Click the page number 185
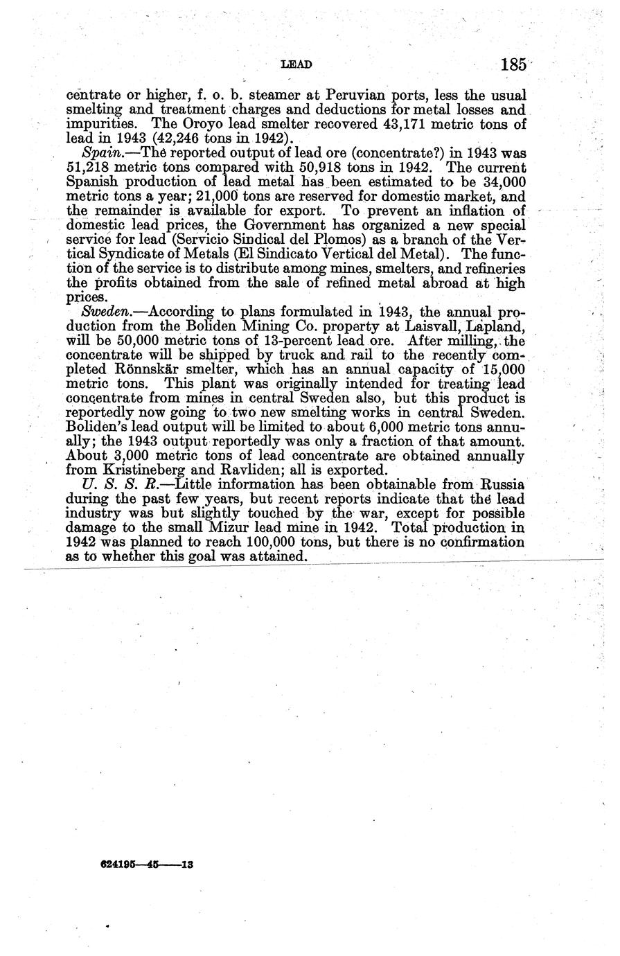click(x=513, y=65)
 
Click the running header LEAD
click(x=296, y=65)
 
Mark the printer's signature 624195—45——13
click(x=145, y=865)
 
